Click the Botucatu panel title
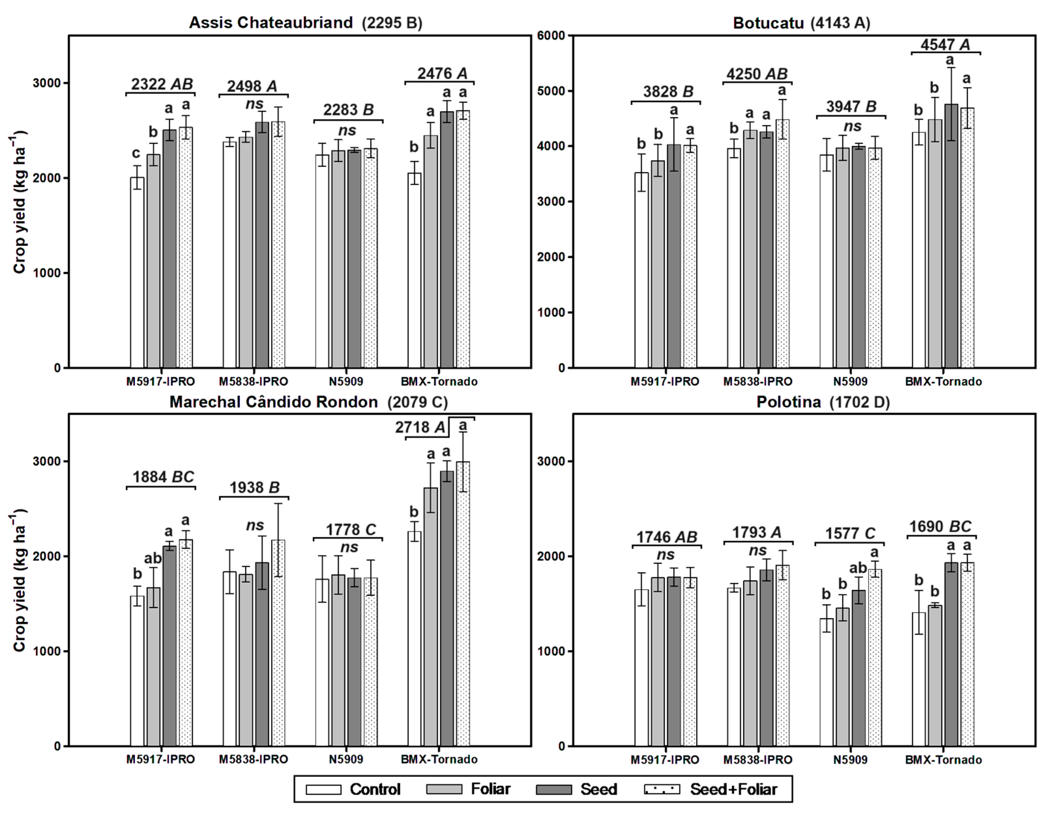click(x=801, y=23)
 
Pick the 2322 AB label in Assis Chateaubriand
click(x=162, y=84)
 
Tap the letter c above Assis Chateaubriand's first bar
click(x=136, y=153)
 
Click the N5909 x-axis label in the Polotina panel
click(x=850, y=760)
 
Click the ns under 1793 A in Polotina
click(x=757, y=551)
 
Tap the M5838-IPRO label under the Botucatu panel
click(x=757, y=381)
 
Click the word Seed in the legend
click(x=599, y=789)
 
